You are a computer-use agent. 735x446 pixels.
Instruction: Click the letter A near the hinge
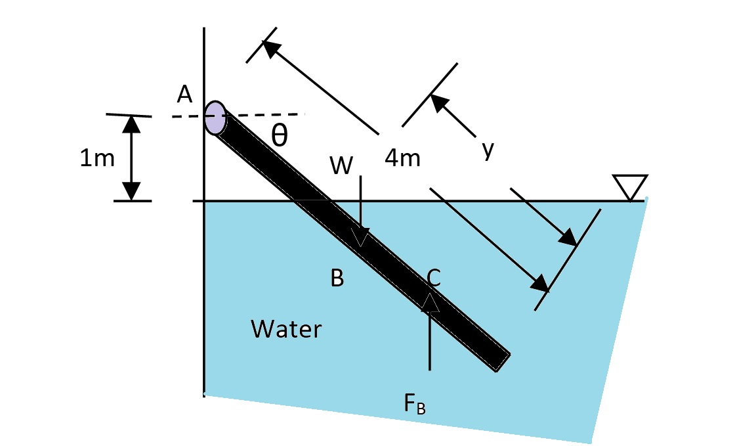(x=184, y=95)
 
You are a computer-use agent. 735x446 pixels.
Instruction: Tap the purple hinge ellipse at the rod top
(x=215, y=118)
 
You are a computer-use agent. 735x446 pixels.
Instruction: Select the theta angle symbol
(x=279, y=135)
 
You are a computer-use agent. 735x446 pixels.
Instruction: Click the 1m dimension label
(x=96, y=159)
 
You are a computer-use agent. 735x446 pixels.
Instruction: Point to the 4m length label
(x=402, y=159)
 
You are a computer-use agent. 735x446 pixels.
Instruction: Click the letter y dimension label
(x=486, y=150)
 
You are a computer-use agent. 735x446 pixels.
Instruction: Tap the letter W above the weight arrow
(x=341, y=167)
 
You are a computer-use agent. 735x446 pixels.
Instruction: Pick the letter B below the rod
(x=337, y=279)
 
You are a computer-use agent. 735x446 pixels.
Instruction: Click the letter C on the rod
(x=432, y=279)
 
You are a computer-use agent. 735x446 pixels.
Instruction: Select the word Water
(x=287, y=328)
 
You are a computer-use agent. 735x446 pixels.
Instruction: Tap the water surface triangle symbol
(x=629, y=187)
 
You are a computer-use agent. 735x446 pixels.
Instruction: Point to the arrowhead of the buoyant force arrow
(x=430, y=303)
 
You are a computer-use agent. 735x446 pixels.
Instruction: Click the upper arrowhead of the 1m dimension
(x=132, y=123)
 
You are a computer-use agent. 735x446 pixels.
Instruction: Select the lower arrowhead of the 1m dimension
(x=132, y=192)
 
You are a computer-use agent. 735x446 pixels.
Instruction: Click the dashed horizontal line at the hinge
(x=269, y=115)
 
